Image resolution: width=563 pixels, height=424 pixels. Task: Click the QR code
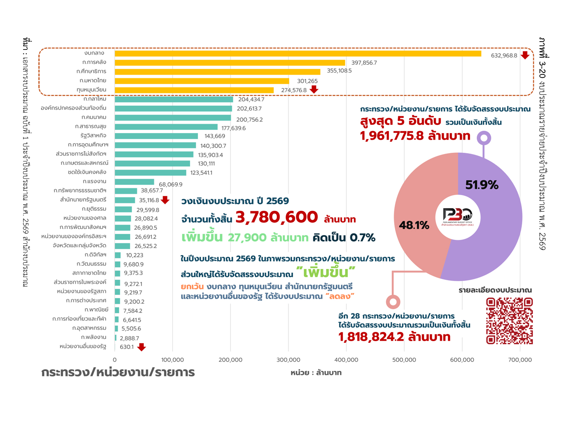point(509,321)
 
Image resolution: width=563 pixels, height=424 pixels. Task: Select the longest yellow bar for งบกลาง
point(298,53)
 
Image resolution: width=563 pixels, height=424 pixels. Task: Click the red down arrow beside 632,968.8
point(525,55)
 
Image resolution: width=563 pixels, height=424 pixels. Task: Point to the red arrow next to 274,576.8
point(314,90)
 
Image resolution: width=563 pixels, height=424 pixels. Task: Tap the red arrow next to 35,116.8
point(165,200)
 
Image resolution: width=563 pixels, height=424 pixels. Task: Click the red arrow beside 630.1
point(142,347)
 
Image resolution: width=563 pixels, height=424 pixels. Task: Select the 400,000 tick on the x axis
point(346,360)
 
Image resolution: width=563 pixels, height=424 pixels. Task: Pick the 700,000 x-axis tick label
point(520,360)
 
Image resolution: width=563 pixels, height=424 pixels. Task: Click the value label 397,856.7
point(364,63)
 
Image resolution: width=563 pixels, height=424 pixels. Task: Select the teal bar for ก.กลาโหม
point(174,99)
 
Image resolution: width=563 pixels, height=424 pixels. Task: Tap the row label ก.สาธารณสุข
point(91,126)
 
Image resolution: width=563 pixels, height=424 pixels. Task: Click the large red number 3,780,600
point(276,217)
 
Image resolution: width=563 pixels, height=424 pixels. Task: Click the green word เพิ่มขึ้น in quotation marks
point(326,272)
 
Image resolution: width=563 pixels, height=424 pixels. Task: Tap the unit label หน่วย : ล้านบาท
point(316,373)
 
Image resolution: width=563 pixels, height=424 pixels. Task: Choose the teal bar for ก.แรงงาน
point(134,181)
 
